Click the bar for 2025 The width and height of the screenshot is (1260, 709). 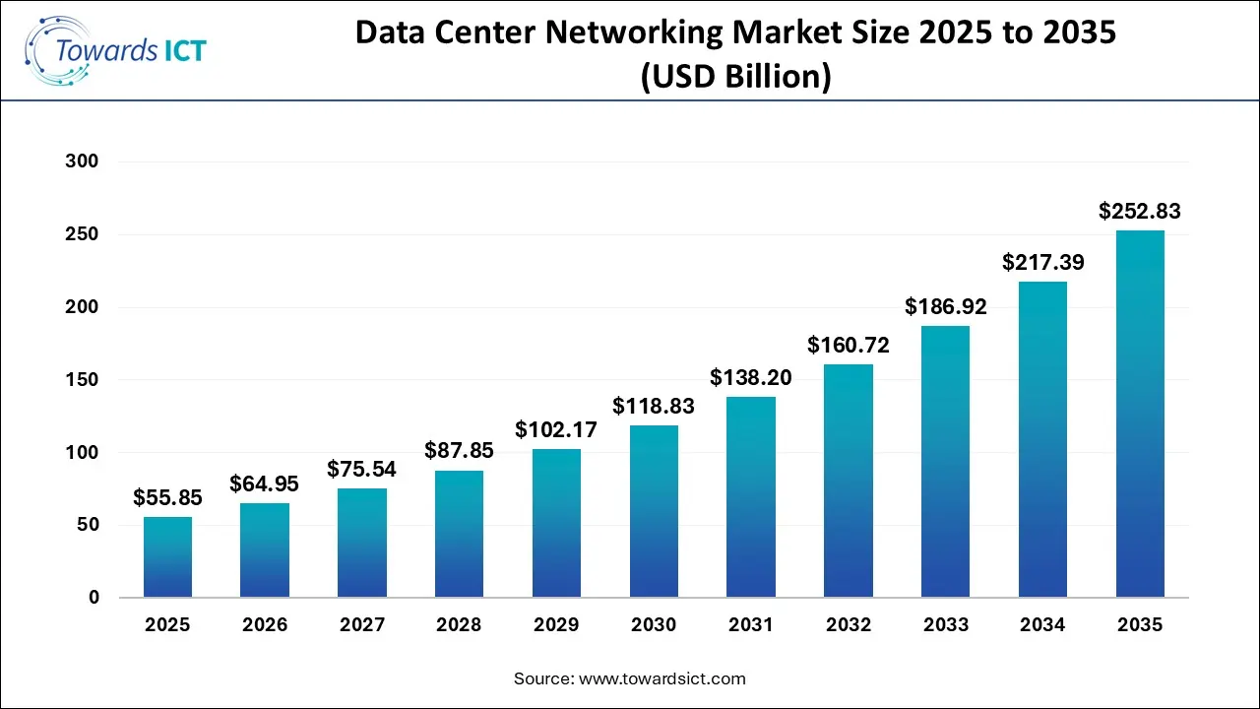pyautogui.click(x=167, y=557)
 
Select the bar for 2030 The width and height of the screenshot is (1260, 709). pyautogui.click(x=654, y=511)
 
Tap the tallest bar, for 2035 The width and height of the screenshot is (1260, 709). pyautogui.click(x=1139, y=414)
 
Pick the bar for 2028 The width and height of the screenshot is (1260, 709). pyautogui.click(x=459, y=534)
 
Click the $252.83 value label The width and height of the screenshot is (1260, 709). pyautogui.click(x=1139, y=211)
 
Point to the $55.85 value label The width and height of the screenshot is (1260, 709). pyautogui.click(x=167, y=497)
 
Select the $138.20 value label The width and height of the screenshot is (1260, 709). pyautogui.click(x=751, y=377)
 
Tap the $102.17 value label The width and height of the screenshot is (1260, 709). pyautogui.click(x=556, y=429)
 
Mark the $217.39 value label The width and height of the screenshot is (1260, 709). pyautogui.click(x=1042, y=263)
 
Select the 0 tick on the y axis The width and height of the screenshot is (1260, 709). pyautogui.click(x=94, y=598)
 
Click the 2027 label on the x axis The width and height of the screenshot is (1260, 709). pyautogui.click(x=361, y=625)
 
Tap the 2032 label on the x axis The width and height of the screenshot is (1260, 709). pyautogui.click(x=848, y=625)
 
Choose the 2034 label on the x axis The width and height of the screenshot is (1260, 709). pyautogui.click(x=1042, y=625)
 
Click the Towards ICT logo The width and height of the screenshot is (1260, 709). pyautogui.click(x=116, y=49)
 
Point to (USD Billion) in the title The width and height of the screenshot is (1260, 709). pyautogui.click(x=735, y=77)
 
